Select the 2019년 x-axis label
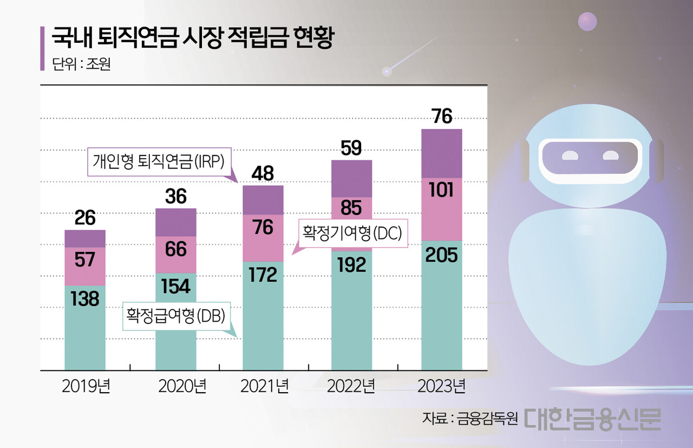tap(85, 387)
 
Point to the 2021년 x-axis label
tap(264, 387)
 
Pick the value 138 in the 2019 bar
tap(85, 298)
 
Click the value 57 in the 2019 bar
tap(85, 260)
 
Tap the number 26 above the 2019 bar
tap(85, 218)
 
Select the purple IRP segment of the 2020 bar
tap(176, 222)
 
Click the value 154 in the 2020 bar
tap(176, 286)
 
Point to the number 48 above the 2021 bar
tap(263, 173)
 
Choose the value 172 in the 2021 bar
tap(263, 275)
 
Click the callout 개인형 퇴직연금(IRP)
tap(159, 161)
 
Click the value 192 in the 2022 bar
tap(351, 264)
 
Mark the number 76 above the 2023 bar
tap(441, 116)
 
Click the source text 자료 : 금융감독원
tap(470, 419)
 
